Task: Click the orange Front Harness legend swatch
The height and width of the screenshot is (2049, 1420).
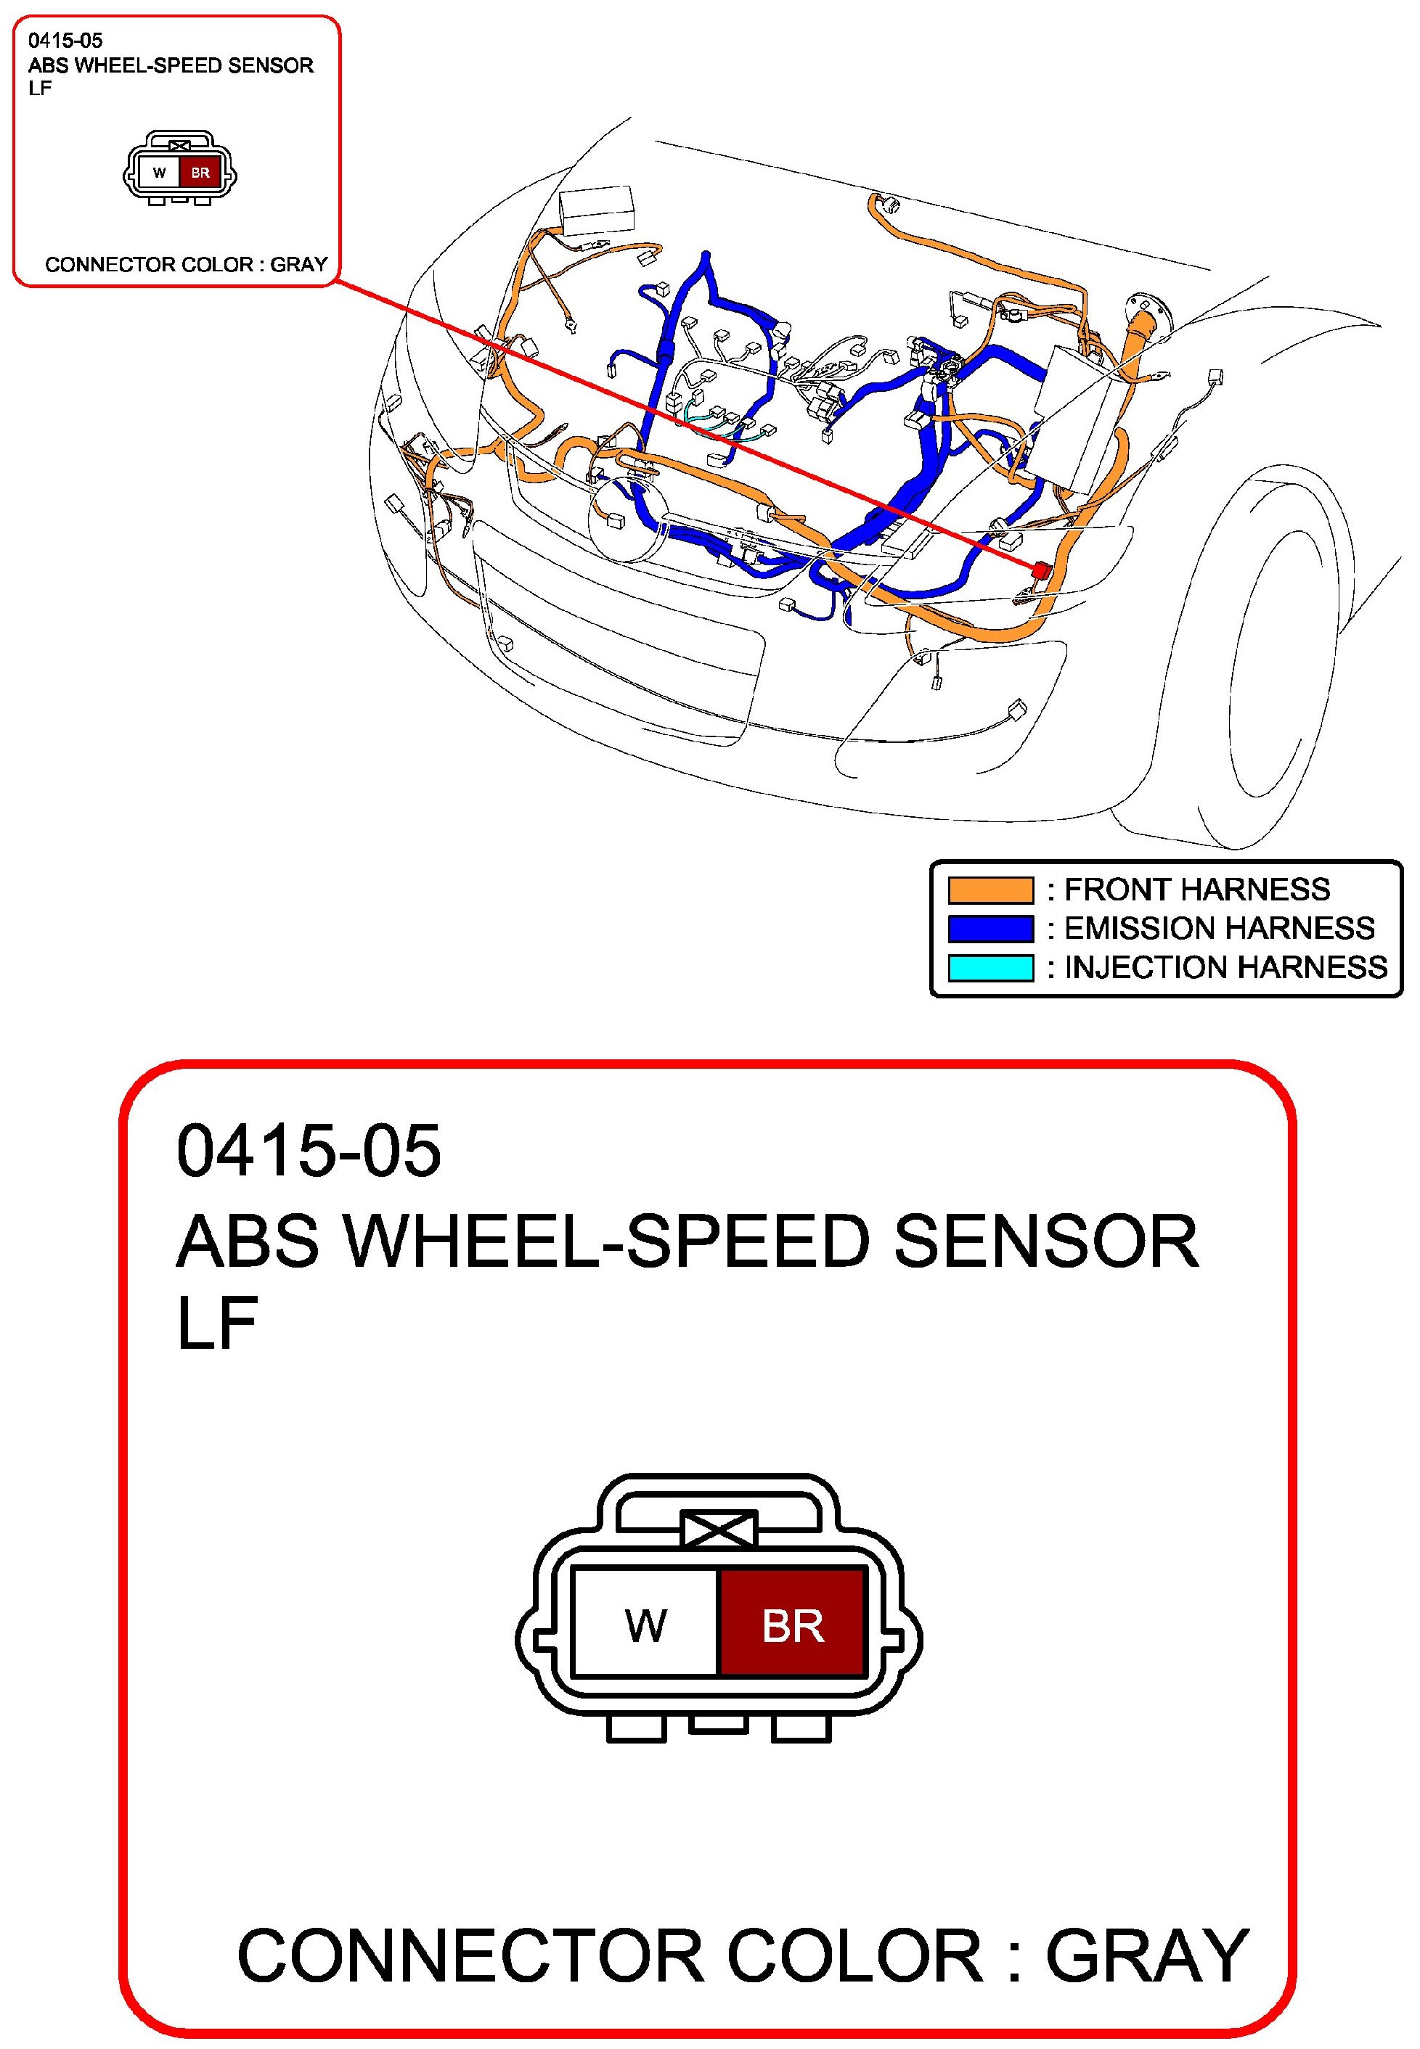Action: (990, 890)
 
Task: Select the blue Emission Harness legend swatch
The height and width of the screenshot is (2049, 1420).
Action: (990, 929)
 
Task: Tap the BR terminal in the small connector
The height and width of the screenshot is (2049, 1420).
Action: (200, 173)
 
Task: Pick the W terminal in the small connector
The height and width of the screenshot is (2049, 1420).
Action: (160, 173)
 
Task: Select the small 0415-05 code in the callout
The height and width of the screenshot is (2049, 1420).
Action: (66, 40)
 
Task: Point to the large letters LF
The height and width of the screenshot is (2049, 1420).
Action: (217, 1323)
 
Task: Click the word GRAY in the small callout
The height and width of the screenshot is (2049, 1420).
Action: (299, 264)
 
